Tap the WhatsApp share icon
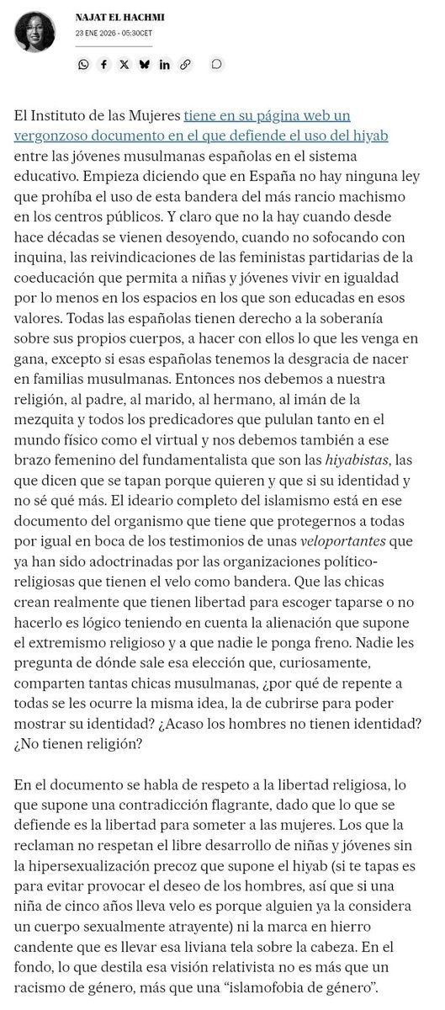[83, 64]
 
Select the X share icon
[124, 64]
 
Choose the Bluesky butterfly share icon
[144, 64]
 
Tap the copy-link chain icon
[185, 64]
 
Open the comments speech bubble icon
[216, 64]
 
